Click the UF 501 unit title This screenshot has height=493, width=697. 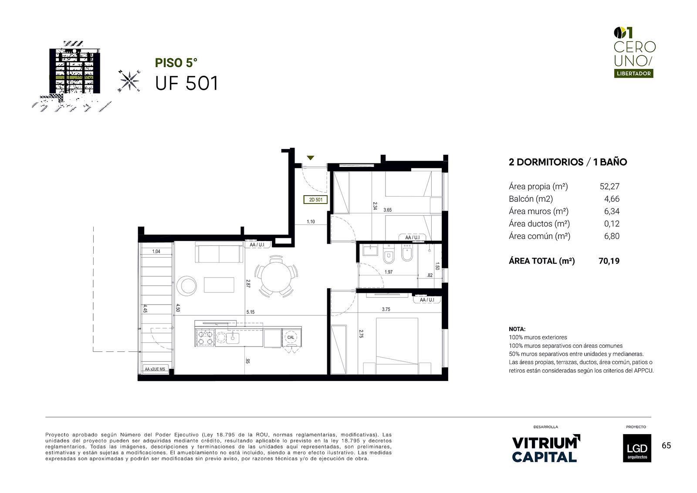[x=186, y=83]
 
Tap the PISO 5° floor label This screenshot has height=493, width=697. [x=176, y=63]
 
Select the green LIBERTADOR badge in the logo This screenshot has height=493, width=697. [x=633, y=74]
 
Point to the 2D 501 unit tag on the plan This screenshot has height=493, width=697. [x=315, y=200]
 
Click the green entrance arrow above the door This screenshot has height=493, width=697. [x=310, y=158]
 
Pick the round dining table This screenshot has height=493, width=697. [x=276, y=276]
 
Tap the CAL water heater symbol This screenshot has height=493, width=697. [x=291, y=337]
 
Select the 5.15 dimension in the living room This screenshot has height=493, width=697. [x=250, y=312]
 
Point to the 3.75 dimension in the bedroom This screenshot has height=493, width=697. [x=386, y=309]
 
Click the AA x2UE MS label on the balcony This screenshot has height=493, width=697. [x=155, y=369]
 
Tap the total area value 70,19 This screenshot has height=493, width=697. [x=609, y=261]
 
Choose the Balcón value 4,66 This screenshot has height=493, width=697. [x=612, y=199]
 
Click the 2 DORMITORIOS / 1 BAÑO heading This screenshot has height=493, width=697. [x=568, y=162]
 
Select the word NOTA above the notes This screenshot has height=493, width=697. [x=517, y=329]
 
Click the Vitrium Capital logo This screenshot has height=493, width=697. [x=546, y=449]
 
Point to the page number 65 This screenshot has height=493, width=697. [x=666, y=445]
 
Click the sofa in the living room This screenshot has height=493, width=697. [x=219, y=253]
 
